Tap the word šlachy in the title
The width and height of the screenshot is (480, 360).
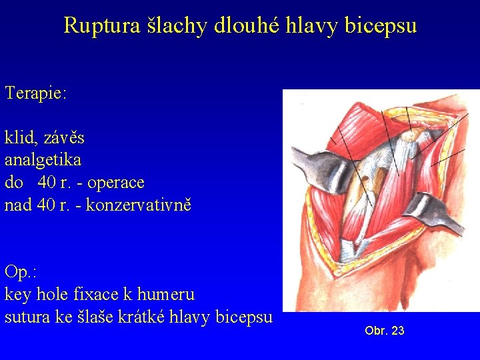(173, 25)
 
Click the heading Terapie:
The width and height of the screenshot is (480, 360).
(35, 93)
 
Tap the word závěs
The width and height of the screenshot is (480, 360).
(64, 138)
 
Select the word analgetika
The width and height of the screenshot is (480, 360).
(43, 160)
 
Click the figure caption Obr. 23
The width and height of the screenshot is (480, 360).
(385, 331)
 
